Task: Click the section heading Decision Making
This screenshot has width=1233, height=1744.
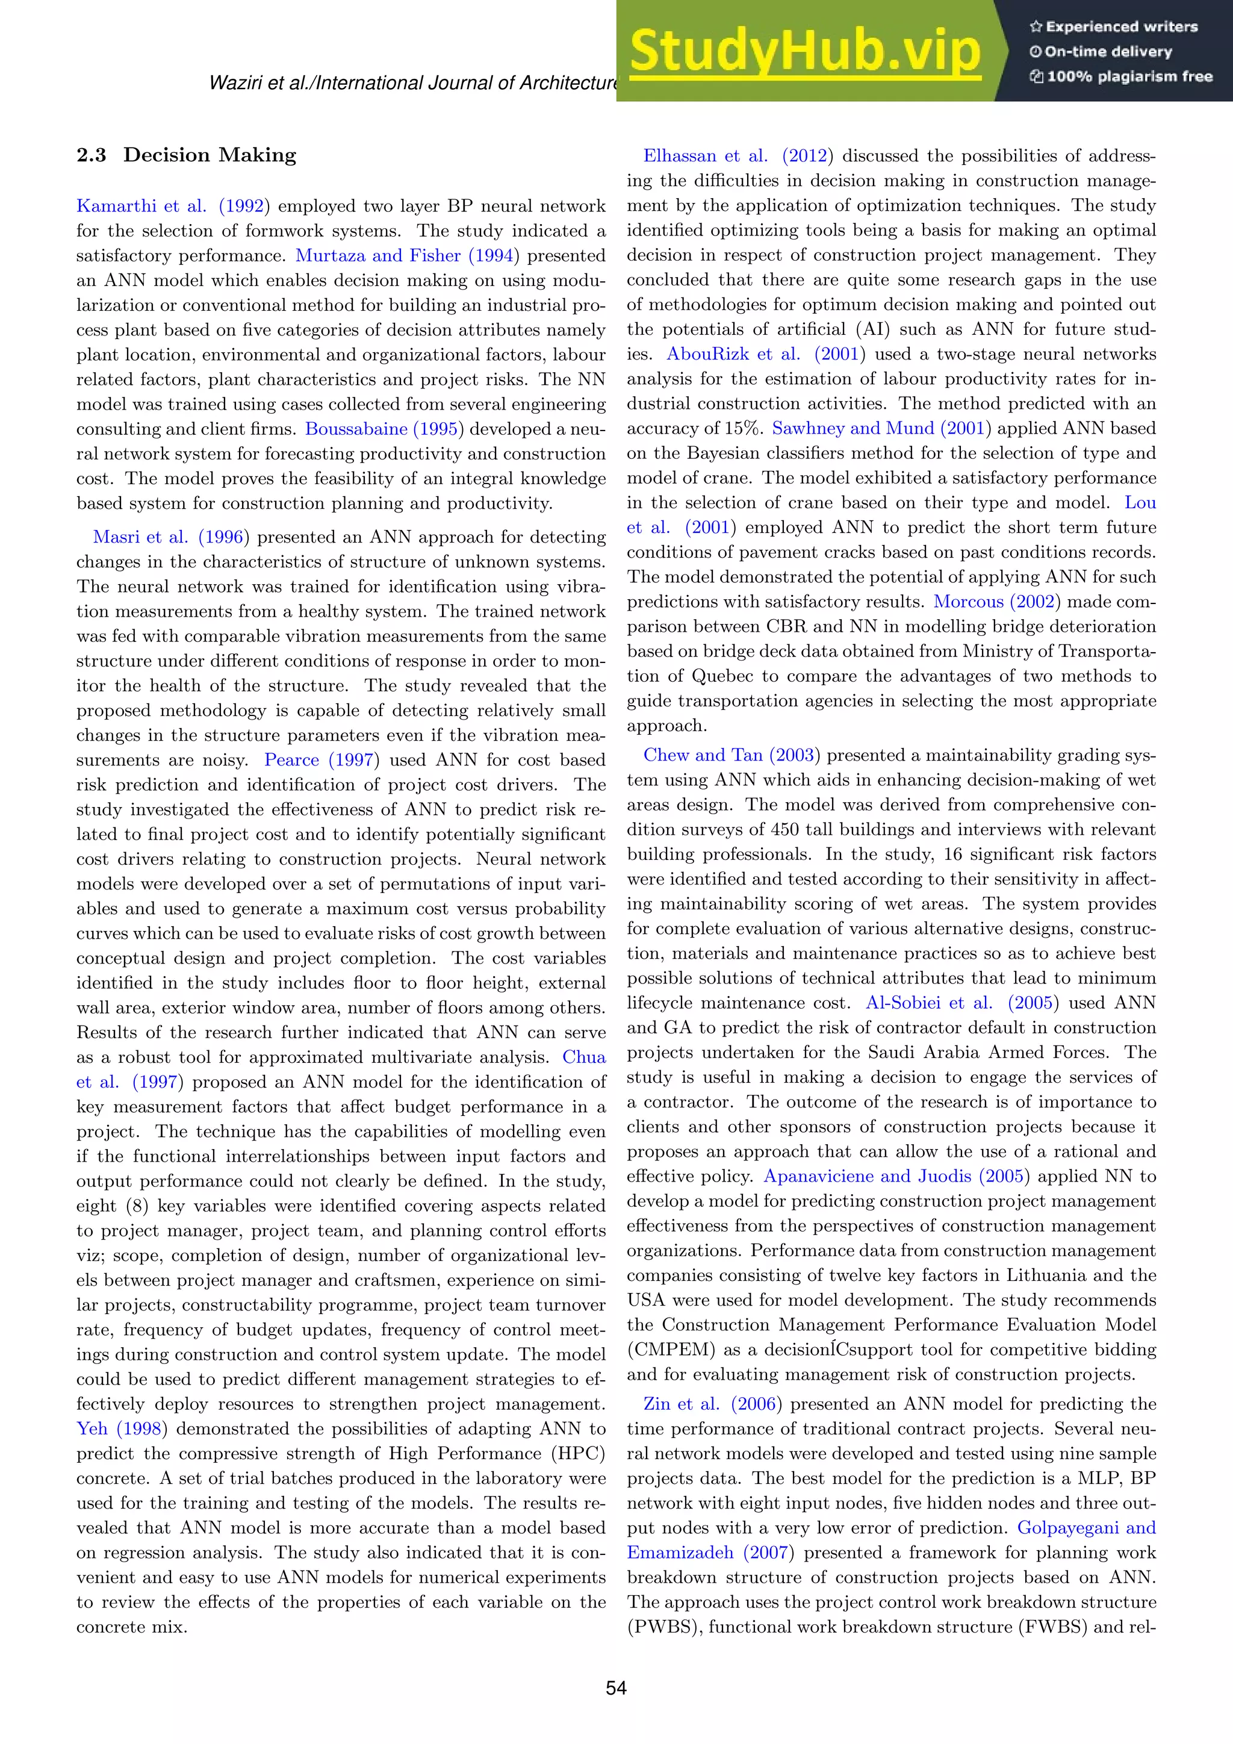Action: pyautogui.click(x=210, y=155)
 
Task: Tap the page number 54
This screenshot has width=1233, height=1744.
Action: pyautogui.click(x=616, y=1688)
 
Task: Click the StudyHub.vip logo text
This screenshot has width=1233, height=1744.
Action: pyautogui.click(x=805, y=52)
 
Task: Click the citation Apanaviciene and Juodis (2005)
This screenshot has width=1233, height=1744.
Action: pyautogui.click(x=896, y=1176)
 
